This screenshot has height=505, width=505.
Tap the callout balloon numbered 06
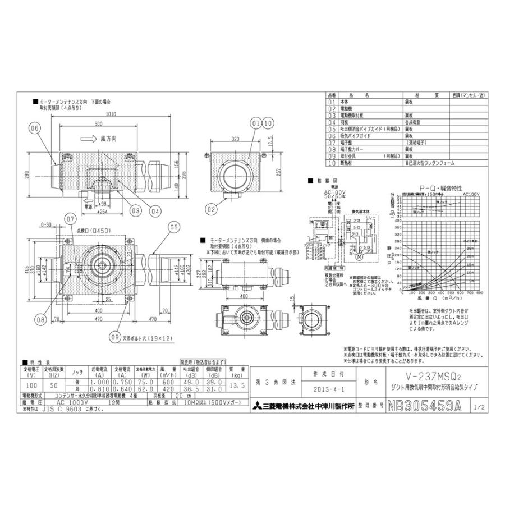[35, 128]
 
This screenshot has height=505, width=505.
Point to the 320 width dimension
[235, 137]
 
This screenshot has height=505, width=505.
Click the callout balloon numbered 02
[211, 209]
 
